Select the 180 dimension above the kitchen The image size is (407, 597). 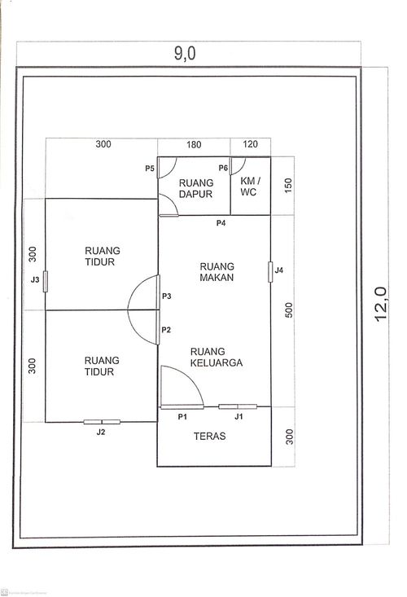tap(194, 144)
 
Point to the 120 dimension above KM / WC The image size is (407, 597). tap(250, 144)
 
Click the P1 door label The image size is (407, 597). tap(182, 416)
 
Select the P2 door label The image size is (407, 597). tap(166, 330)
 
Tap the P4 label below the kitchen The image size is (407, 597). tap(220, 223)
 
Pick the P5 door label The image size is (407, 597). tap(150, 169)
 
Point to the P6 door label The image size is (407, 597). tap(222, 169)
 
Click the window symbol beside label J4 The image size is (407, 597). tap(269, 271)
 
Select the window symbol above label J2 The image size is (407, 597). tap(102, 422)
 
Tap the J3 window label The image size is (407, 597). tap(35, 279)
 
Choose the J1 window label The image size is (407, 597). tap(239, 416)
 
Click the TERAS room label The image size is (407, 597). tap(210, 437)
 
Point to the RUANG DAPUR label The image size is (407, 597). tap(195, 188)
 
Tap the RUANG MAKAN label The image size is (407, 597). tap(216, 272)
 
